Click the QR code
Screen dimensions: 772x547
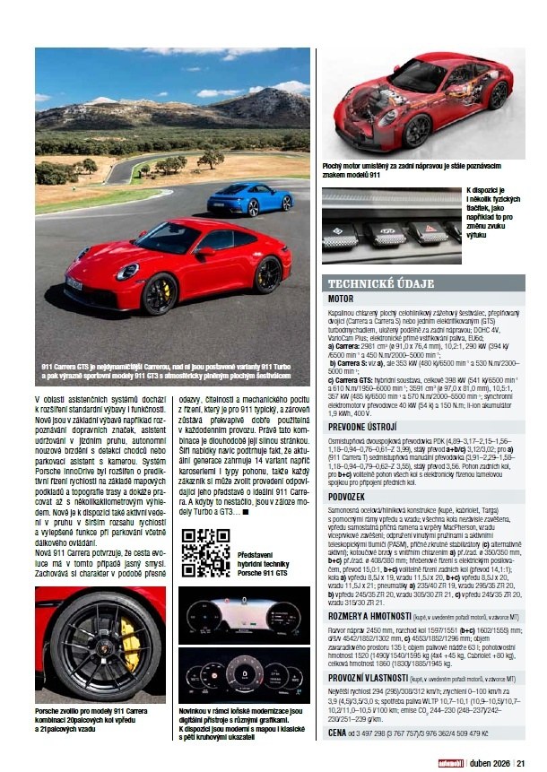[x=201, y=553]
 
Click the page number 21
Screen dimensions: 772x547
[x=520, y=763]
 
